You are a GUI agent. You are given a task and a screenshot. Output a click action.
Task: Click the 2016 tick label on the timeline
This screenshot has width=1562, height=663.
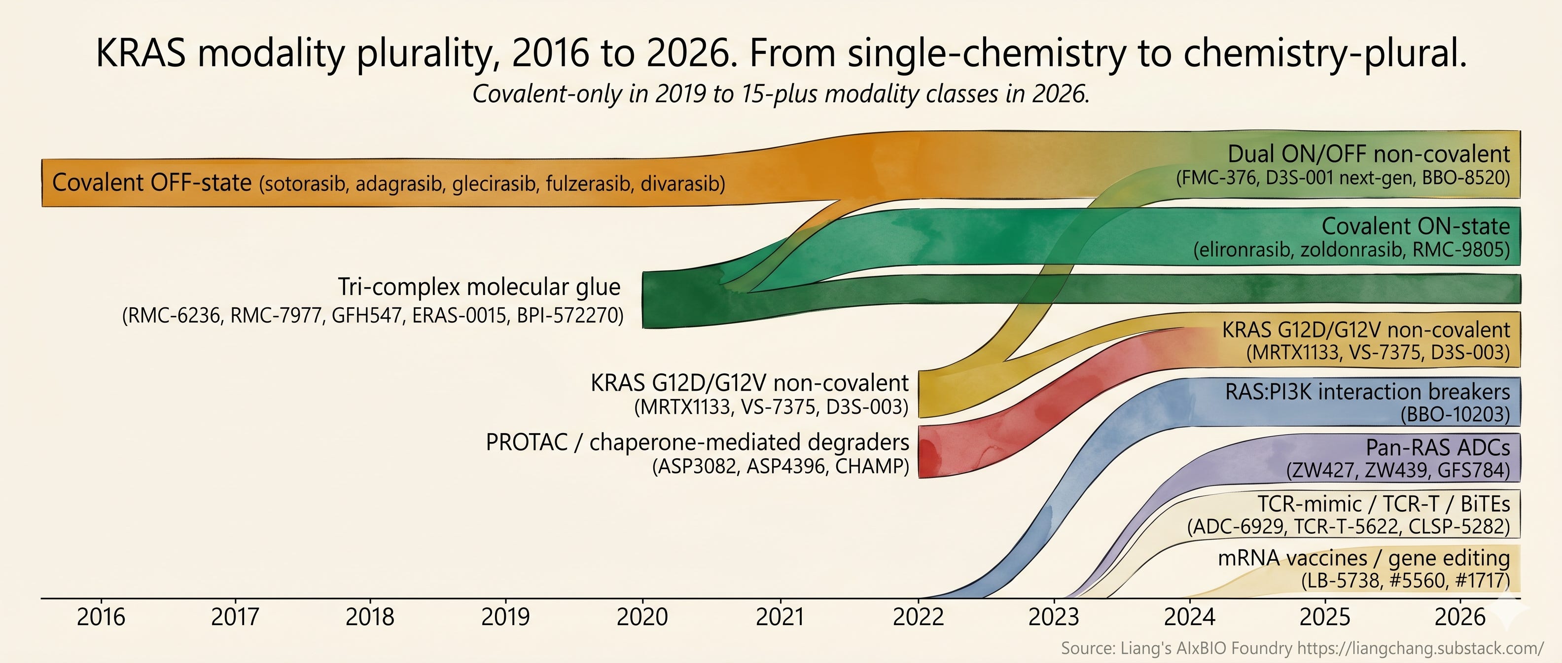pos(101,617)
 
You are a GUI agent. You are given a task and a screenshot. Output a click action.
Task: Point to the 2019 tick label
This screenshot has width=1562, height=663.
pos(505,617)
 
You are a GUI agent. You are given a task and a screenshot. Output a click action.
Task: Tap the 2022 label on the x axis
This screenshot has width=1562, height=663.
pos(918,617)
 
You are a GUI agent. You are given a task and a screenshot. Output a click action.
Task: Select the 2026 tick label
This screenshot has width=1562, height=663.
pos(1460,617)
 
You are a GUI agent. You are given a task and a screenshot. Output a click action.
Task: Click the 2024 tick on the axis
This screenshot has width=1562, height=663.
pos(1190,617)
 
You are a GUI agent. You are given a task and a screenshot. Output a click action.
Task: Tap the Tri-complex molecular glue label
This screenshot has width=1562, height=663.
pos(479,287)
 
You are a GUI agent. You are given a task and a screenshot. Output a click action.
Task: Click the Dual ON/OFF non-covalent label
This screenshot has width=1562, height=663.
pos(1369,154)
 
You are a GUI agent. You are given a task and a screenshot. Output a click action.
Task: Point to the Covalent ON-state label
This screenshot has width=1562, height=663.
pos(1416,226)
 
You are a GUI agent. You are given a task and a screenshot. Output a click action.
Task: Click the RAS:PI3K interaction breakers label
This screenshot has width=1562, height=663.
pos(1367,392)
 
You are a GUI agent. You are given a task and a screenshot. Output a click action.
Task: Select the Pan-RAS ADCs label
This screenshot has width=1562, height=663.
pos(1438,447)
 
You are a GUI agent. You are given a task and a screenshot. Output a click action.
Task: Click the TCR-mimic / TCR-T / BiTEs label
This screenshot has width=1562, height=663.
pos(1384,504)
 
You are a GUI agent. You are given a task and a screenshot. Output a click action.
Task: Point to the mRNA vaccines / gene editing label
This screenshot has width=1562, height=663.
pos(1364,558)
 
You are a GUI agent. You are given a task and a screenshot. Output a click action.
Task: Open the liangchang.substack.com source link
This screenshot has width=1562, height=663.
pos(1420,648)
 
